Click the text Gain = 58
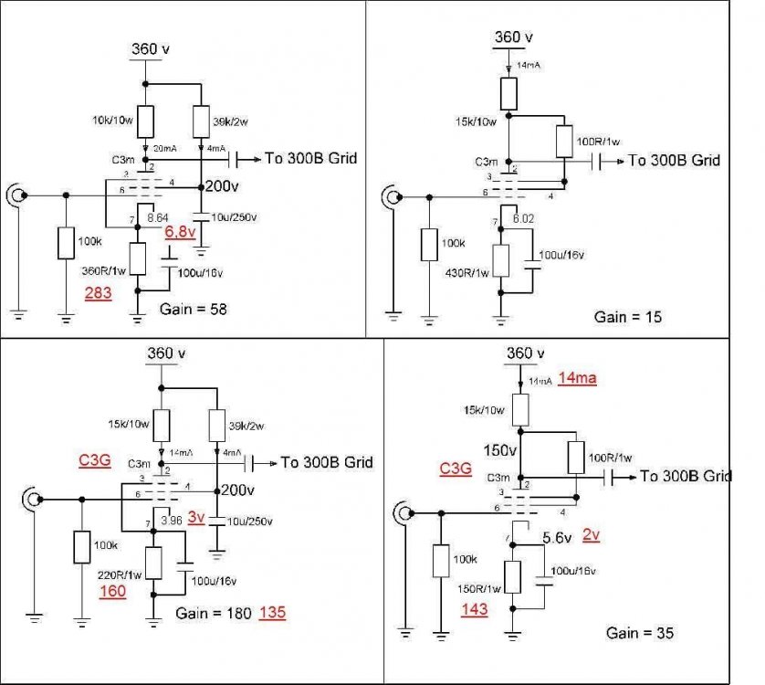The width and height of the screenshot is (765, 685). pyautogui.click(x=193, y=310)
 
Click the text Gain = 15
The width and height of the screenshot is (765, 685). pyautogui.click(x=628, y=317)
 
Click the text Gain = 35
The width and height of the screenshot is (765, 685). pyautogui.click(x=640, y=632)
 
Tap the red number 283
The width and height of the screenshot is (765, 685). pyautogui.click(x=99, y=293)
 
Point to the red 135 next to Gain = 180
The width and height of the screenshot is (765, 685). pyautogui.click(x=273, y=613)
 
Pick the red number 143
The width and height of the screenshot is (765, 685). pyautogui.click(x=475, y=608)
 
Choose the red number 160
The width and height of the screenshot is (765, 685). pyautogui.click(x=114, y=591)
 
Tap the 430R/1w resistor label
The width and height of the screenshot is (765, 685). pyautogui.click(x=467, y=271)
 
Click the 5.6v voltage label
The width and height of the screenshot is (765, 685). pyautogui.click(x=557, y=538)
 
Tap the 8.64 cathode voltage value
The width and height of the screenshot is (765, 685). pyautogui.click(x=157, y=218)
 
